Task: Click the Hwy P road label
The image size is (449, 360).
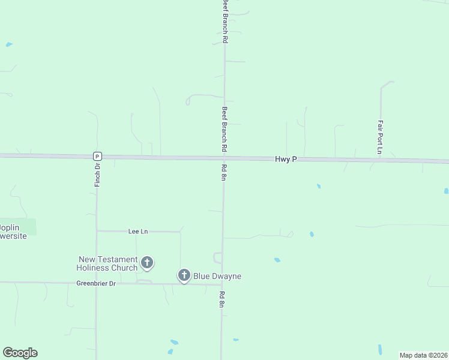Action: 286,159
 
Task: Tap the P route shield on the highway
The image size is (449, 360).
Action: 97,156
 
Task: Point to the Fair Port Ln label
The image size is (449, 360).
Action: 380,137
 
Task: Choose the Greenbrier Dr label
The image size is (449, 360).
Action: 95,283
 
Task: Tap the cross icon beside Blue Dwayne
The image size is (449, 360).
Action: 184,275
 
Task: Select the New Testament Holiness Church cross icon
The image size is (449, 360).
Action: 147,262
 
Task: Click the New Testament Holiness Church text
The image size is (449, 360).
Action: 108,263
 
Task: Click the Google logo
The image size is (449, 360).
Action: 20,353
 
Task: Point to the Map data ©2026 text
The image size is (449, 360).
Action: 423,355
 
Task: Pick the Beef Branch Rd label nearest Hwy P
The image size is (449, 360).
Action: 224,128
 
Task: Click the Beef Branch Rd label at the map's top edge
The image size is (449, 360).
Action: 225,21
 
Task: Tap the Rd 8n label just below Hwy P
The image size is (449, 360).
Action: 223,172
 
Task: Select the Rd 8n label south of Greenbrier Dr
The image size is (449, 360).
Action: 221,299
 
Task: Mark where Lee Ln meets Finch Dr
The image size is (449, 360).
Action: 97,231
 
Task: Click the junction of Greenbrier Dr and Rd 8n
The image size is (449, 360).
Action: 222,284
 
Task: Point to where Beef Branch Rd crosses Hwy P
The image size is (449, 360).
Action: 224,158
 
